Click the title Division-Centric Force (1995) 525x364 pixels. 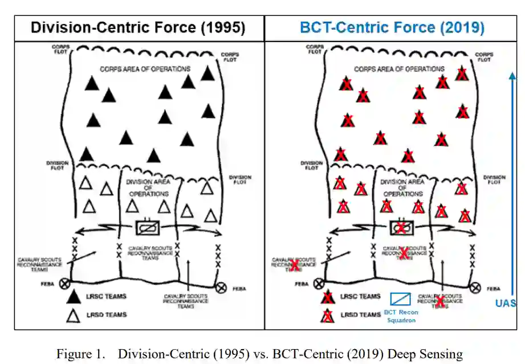coord(138,28)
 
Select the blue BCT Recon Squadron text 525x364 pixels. coord(401,316)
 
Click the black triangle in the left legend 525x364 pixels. coord(73,296)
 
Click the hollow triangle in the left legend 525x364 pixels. coord(73,314)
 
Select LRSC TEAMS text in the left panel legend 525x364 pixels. coord(106,296)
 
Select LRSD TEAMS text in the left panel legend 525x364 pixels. coord(106,314)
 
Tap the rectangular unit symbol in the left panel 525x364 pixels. coord(148,228)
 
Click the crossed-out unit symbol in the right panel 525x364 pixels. coord(402,228)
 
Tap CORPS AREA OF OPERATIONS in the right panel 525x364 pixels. coord(399,69)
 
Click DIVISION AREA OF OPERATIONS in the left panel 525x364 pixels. coord(148,189)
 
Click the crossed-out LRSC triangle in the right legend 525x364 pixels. coord(327,297)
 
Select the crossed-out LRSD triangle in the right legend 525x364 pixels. coord(327,316)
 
